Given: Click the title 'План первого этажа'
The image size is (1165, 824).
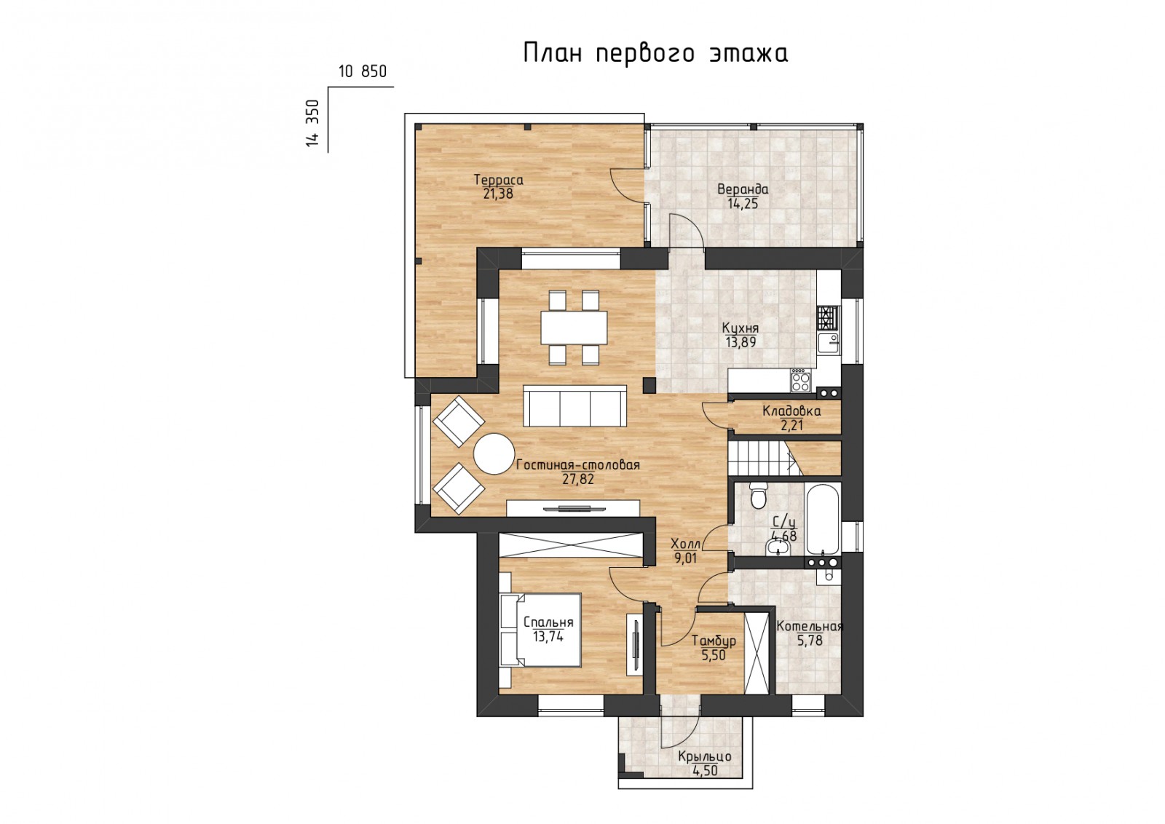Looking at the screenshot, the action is click(655, 54).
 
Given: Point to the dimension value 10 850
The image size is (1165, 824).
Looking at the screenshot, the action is click(363, 71).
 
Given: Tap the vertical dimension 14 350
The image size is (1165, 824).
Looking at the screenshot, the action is click(312, 123).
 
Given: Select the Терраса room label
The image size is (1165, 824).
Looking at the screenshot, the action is click(498, 181).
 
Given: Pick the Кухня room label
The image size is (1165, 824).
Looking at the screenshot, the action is click(740, 328).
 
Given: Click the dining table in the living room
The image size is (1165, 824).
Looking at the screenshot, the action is click(574, 328).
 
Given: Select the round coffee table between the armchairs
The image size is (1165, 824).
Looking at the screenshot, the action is click(494, 453).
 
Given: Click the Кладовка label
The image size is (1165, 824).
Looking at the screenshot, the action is click(791, 411).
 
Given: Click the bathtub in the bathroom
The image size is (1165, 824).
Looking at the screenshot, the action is click(822, 518).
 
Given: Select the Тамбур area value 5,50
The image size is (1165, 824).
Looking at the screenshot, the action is click(714, 655).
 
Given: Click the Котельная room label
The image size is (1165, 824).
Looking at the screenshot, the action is click(809, 627).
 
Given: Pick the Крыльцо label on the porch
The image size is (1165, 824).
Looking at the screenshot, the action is click(705, 756).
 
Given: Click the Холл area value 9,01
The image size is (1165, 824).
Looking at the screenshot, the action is click(685, 558).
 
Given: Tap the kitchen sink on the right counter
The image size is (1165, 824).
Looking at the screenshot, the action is click(829, 344).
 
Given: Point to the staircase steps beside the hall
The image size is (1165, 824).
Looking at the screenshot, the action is click(762, 458).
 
